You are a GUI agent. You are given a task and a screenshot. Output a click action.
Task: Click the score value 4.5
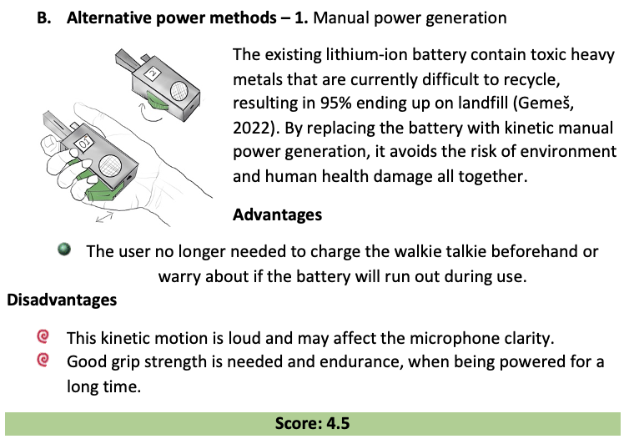coord(332,423)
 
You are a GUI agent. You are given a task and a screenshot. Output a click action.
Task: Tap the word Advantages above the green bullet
coord(277,214)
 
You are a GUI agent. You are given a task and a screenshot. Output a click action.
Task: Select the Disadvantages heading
coord(62,298)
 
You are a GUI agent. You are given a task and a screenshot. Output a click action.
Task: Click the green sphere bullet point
coord(65,250)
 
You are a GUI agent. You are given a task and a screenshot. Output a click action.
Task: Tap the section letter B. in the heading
coord(44,17)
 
